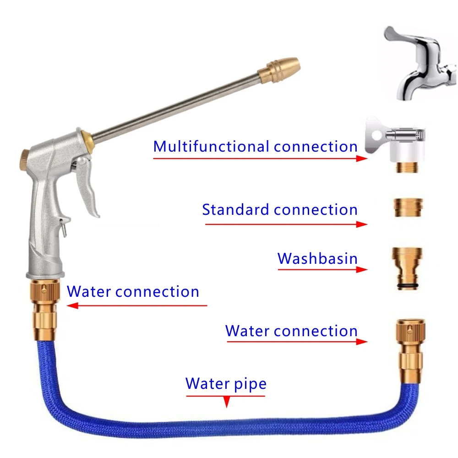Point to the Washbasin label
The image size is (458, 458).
point(317,259)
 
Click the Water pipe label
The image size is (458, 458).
point(226,383)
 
